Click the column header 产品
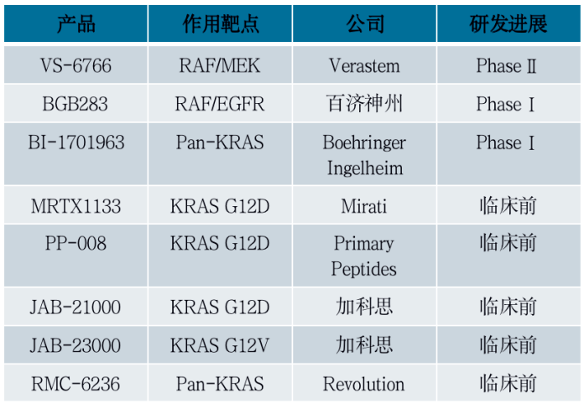76,23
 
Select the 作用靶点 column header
221,23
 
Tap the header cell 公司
364,23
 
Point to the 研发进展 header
508,23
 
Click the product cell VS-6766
76,65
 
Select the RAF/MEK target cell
221,65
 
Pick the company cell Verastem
364,65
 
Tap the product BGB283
76,104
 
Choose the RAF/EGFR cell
221,104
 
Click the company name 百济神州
364,104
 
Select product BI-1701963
76,142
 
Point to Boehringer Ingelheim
364,155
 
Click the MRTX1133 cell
76,205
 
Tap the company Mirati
364,205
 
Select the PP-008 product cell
76,243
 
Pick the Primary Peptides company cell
364,256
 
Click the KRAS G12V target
221,345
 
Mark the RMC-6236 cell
76,384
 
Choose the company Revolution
364,384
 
